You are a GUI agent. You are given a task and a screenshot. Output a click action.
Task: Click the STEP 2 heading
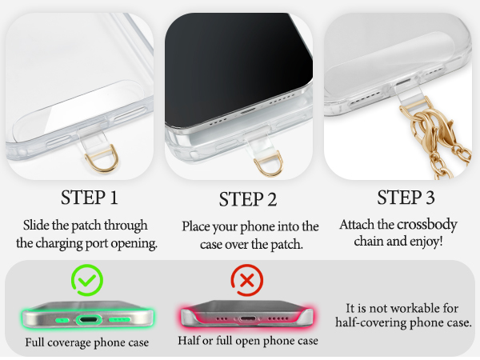coord(249,199)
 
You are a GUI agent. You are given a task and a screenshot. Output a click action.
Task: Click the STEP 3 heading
coord(406,197)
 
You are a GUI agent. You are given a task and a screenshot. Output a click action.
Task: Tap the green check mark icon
coord(86,279)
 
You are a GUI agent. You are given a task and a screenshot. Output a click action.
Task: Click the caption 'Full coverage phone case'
coord(86,342)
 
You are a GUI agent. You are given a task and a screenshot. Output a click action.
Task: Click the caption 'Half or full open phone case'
coord(247,341)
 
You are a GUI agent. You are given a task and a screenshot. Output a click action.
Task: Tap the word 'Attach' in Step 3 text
coord(358,225)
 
